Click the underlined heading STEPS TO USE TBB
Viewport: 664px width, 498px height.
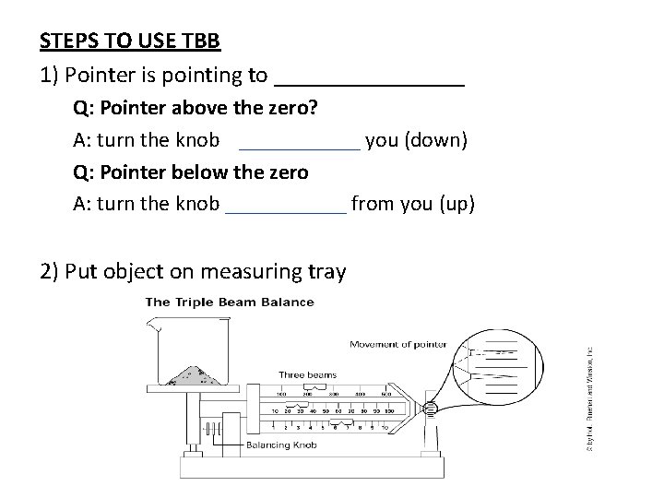tap(129, 42)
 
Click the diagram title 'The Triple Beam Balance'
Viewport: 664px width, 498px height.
tap(230, 302)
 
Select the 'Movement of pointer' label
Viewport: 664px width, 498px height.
tap(397, 345)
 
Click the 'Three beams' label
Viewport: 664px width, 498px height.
tap(308, 374)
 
